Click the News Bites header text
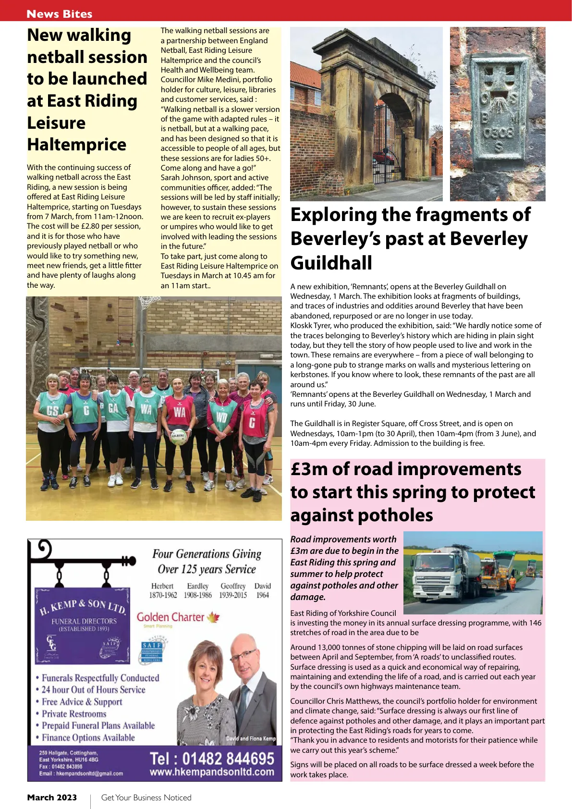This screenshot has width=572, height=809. (x=60, y=14)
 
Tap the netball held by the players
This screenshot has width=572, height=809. (x=179, y=436)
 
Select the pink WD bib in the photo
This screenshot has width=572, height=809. (x=222, y=417)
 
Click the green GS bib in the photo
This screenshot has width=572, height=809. (x=52, y=411)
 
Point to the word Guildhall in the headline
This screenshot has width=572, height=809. (x=331, y=263)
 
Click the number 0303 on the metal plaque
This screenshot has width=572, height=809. (x=498, y=132)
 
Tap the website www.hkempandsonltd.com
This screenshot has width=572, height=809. (x=212, y=772)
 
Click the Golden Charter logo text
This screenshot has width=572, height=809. (x=170, y=617)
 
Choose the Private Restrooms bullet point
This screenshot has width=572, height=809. (x=73, y=714)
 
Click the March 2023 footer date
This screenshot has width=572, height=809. (x=52, y=797)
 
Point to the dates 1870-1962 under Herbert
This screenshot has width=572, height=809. (x=163, y=595)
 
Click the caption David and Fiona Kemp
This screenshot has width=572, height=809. (x=251, y=738)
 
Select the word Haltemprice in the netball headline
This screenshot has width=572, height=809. (x=77, y=145)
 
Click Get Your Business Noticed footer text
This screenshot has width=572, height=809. (x=146, y=797)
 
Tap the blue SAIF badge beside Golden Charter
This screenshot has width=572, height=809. (x=152, y=651)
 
